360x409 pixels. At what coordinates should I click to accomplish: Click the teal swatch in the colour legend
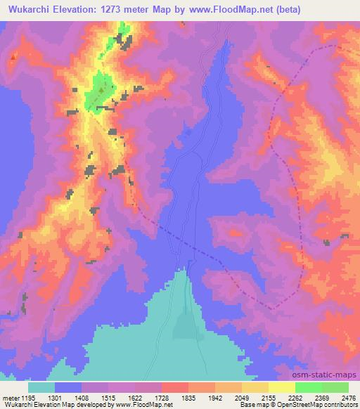[41, 387]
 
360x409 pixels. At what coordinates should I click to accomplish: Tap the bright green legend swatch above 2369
[309, 387]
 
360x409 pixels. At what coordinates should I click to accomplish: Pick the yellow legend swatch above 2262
[282, 387]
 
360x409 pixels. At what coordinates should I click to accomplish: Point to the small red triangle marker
[13, 56]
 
